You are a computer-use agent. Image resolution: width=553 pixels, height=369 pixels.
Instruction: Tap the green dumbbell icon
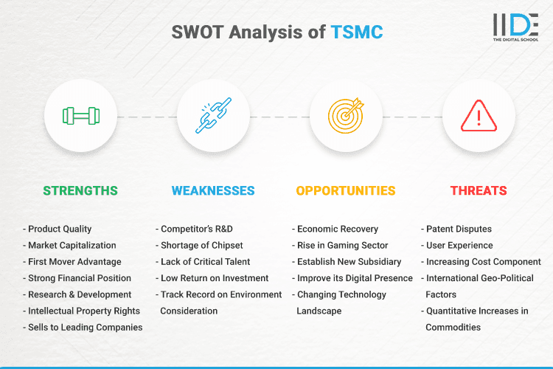[x=80, y=116]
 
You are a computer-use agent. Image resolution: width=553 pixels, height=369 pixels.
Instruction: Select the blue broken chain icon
[x=213, y=116]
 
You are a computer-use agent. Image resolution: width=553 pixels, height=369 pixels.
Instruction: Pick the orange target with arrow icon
[x=346, y=116]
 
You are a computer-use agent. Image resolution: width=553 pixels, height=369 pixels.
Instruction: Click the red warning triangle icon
[x=479, y=116]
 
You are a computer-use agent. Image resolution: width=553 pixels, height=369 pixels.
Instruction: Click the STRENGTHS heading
[x=80, y=190]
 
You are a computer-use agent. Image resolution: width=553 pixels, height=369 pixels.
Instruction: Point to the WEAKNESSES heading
[x=213, y=190]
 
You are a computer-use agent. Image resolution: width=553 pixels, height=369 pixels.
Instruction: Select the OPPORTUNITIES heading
[x=346, y=190]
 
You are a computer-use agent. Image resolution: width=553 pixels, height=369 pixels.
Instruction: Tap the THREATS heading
[x=479, y=190]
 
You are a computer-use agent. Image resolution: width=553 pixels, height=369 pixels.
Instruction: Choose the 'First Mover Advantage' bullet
[x=73, y=262]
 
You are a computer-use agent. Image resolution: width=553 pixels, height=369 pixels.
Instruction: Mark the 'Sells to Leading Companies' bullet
[x=84, y=327]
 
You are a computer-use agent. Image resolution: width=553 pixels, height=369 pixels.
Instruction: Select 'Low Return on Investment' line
[x=214, y=278]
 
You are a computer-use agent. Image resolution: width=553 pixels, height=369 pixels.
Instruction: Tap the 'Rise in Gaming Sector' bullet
[x=341, y=245]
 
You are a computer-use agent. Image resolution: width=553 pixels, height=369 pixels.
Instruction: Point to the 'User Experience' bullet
[x=460, y=245]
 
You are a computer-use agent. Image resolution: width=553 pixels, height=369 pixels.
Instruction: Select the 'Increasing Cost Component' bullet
[x=484, y=262]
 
